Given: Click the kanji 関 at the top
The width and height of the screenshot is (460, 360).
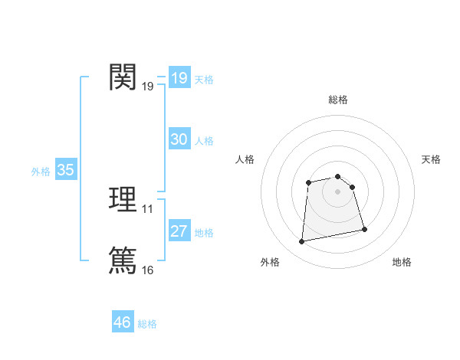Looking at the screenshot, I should [x=123, y=77].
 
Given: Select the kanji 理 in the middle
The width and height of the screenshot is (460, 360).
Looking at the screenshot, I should [x=123, y=199].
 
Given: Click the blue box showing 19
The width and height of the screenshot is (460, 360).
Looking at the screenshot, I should [x=179, y=78].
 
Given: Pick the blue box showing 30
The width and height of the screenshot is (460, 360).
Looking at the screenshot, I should [x=179, y=139].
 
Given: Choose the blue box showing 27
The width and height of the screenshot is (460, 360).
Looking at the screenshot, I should [x=179, y=231].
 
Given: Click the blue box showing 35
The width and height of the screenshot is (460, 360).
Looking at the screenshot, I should [x=66, y=170].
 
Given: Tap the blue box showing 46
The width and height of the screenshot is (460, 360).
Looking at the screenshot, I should [x=123, y=322].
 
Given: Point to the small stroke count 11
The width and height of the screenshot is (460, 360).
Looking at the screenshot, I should [x=148, y=208].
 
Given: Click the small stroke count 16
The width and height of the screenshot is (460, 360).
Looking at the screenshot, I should [x=148, y=270].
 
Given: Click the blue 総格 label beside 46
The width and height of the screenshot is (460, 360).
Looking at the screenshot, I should [x=147, y=324].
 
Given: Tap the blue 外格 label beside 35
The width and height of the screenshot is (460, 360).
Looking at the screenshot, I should [x=41, y=172].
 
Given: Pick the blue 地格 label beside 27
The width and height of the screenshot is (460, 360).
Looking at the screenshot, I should [x=204, y=233].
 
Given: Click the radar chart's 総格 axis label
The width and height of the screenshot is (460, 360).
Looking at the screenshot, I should [x=338, y=100].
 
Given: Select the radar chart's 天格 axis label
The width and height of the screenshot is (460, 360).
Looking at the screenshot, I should [x=432, y=159].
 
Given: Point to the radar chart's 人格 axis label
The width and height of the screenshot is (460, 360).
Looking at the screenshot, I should [x=245, y=159].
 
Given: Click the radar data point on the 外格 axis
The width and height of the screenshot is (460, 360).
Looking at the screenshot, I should [x=302, y=242].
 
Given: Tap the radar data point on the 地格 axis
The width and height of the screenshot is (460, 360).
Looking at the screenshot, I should [x=364, y=229].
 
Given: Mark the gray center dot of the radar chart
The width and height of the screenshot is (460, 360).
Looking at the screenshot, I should [x=338, y=191].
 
